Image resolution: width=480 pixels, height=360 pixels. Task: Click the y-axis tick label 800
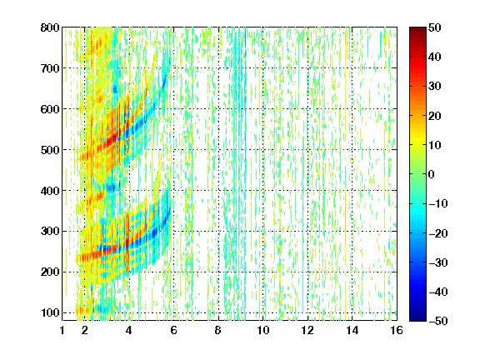click(x=50, y=27)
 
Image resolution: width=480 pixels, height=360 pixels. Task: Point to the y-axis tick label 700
click(x=50, y=68)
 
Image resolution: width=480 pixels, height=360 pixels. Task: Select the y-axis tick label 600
click(x=50, y=109)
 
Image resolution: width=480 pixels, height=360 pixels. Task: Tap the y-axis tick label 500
click(x=50, y=150)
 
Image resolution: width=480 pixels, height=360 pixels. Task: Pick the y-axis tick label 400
click(x=50, y=191)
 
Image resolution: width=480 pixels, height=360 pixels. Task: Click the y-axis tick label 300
click(x=50, y=231)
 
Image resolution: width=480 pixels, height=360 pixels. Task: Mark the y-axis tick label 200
click(x=50, y=272)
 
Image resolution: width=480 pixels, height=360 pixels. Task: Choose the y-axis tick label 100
click(x=50, y=312)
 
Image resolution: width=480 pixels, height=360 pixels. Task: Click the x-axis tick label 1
click(x=62, y=330)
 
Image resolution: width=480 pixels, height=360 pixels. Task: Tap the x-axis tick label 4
click(x=129, y=330)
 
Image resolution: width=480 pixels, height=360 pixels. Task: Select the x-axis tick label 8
click(x=218, y=330)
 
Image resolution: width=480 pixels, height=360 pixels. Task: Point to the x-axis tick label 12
click(x=307, y=330)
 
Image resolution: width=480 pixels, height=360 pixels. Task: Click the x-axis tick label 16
click(x=397, y=330)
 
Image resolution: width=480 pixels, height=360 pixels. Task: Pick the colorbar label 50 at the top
click(x=435, y=27)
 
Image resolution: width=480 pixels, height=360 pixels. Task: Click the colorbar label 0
click(x=432, y=174)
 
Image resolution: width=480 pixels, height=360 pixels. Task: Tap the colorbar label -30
click(x=438, y=262)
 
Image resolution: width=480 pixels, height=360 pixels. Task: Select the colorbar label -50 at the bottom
click(x=438, y=321)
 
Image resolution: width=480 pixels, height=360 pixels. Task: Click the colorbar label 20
click(x=435, y=116)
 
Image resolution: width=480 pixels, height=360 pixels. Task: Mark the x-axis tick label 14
click(x=352, y=330)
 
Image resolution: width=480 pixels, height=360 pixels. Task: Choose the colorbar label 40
click(x=435, y=57)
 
